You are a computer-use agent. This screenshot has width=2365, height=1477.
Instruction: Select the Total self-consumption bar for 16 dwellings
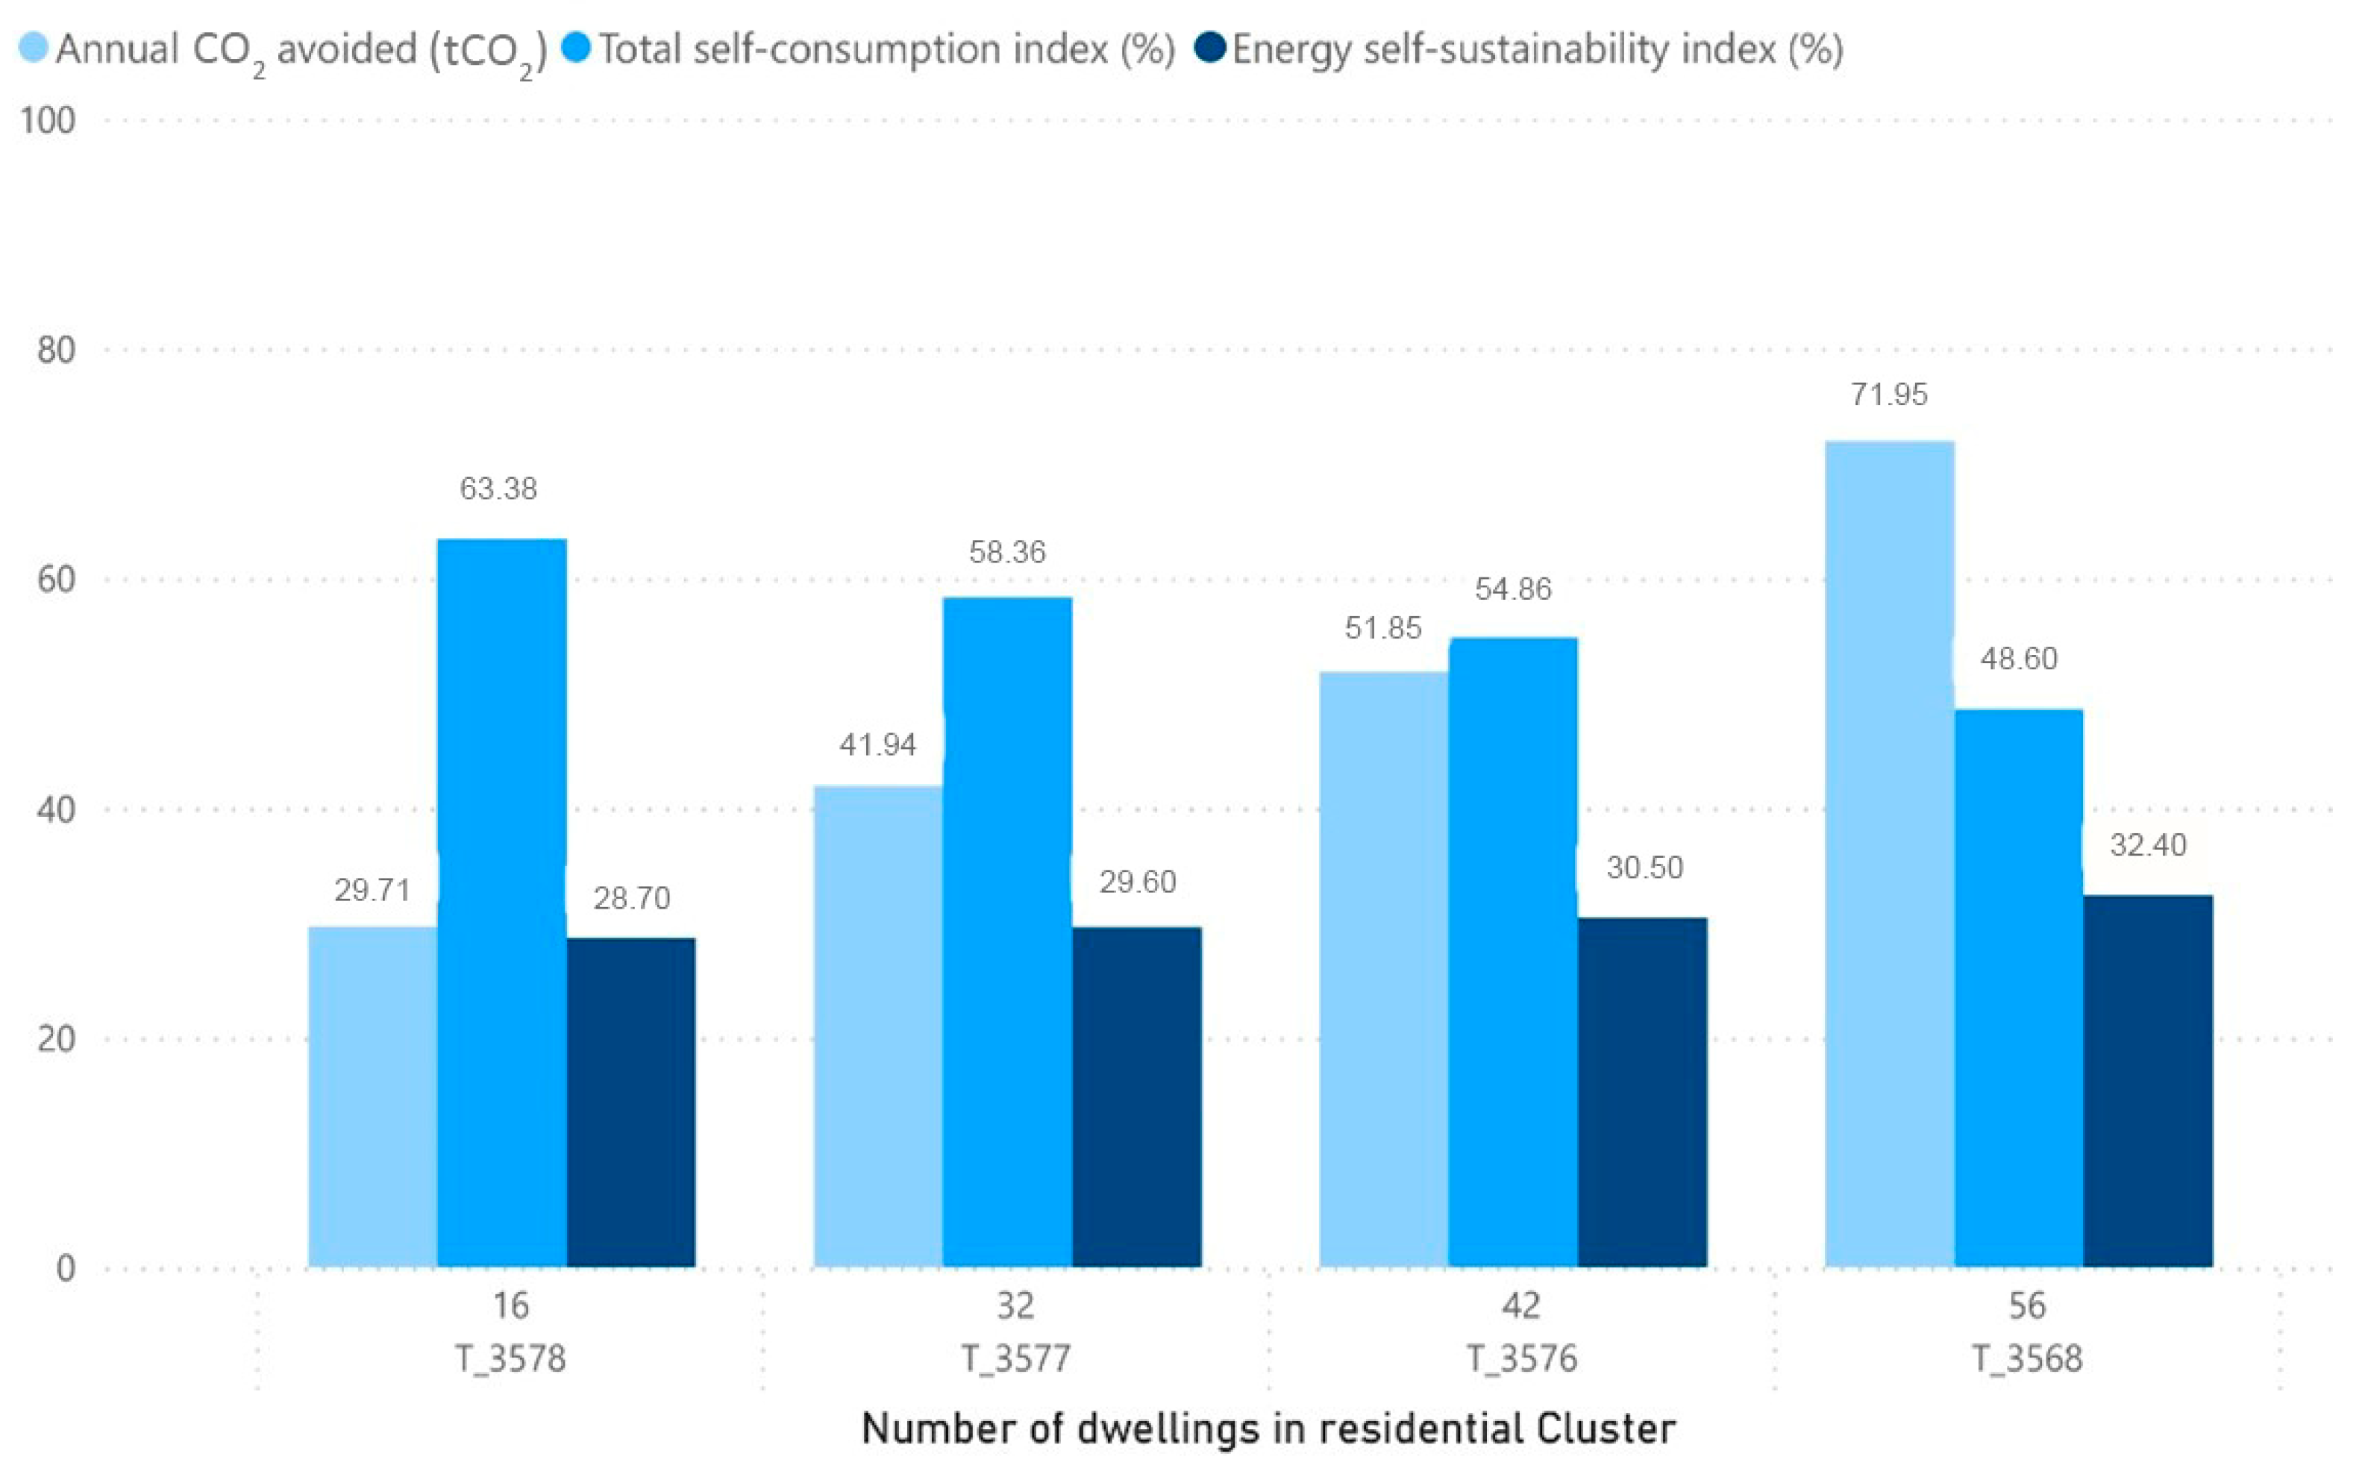(501, 903)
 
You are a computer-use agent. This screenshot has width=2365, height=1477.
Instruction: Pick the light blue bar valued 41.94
(877, 1026)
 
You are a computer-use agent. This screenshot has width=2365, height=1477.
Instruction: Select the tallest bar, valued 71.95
(1889, 854)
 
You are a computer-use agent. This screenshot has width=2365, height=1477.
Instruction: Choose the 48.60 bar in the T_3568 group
(2018, 988)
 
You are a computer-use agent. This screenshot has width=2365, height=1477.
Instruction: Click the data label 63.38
(498, 489)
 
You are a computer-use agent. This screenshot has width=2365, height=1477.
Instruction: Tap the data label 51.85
(1382, 628)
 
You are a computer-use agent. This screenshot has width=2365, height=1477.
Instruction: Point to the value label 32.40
(2148, 845)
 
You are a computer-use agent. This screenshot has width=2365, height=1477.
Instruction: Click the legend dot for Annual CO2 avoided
(34, 48)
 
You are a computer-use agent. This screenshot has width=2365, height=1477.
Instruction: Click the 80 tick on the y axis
(56, 350)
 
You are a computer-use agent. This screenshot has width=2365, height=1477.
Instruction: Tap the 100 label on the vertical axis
(47, 120)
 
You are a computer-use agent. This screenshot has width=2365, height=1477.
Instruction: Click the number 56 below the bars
(2027, 1305)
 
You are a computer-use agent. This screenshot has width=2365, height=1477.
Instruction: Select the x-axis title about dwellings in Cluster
(1268, 1429)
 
